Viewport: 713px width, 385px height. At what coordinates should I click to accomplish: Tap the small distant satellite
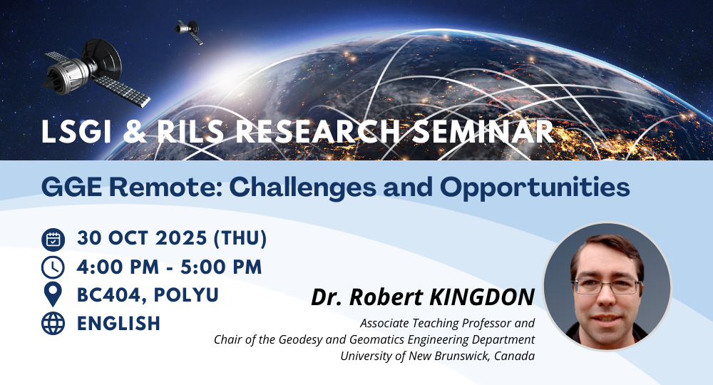(x=189, y=31)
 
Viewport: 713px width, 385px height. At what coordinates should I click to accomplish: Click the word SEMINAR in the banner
(x=483, y=132)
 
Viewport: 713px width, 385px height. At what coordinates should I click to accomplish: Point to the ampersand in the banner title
(x=135, y=132)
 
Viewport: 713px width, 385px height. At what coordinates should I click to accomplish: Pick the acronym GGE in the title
(x=71, y=187)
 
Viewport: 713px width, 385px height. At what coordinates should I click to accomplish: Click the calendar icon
(x=53, y=240)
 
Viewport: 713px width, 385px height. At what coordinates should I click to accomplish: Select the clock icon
(x=53, y=267)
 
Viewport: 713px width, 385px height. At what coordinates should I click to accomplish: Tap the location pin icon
(x=53, y=294)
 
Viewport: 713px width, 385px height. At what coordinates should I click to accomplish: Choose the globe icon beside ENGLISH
(x=53, y=323)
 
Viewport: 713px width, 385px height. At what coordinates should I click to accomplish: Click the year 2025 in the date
(x=181, y=238)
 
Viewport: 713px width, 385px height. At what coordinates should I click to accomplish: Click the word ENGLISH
(x=118, y=324)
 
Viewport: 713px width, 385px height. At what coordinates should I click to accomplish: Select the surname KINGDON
(x=482, y=297)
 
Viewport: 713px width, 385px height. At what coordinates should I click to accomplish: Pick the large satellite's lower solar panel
(x=122, y=91)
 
